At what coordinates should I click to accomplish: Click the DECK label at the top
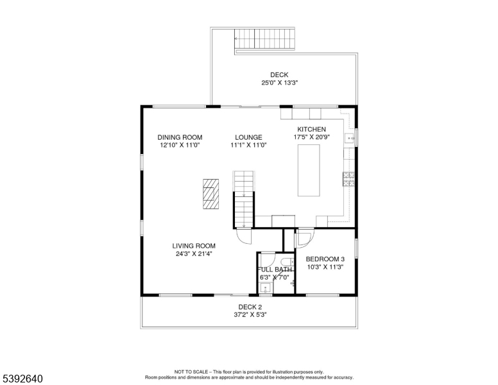tap(279, 75)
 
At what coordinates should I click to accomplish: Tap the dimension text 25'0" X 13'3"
tap(279, 83)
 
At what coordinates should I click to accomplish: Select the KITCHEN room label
tap(311, 130)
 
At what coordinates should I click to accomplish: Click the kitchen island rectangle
tap(309, 170)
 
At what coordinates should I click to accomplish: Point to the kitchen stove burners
tap(350, 179)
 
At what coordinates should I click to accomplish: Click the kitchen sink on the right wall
tap(350, 137)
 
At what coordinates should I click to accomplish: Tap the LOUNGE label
tap(248, 137)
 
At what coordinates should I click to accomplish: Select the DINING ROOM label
tap(180, 137)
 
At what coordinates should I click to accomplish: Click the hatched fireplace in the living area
tap(210, 193)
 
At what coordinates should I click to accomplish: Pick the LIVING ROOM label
tap(193, 246)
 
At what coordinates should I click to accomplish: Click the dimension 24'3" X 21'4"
tap(193, 253)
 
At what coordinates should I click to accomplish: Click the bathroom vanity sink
tap(264, 287)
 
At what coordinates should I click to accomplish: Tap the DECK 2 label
tap(250, 307)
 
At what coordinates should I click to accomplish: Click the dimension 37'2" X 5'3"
tap(250, 314)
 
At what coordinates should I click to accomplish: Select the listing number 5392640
tap(22, 379)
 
